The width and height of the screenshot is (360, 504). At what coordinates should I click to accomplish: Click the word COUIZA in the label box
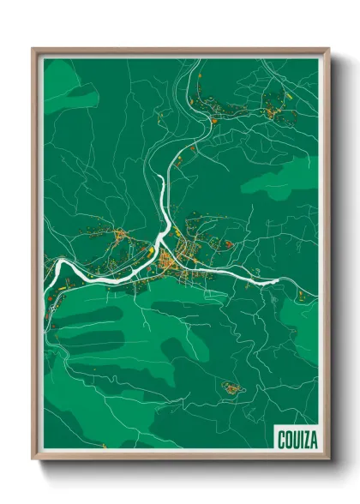296,440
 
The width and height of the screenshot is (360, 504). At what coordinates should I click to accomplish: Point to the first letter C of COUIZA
281,440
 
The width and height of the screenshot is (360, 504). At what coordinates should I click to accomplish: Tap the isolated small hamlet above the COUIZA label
232,388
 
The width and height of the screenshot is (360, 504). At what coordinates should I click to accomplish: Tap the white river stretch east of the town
257,276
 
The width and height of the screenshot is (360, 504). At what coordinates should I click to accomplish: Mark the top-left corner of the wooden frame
33,49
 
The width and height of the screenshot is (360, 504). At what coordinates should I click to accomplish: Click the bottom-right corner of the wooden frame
328,459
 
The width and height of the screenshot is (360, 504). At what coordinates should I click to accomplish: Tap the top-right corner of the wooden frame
328,49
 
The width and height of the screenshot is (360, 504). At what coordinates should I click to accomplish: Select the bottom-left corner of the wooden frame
33,459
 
